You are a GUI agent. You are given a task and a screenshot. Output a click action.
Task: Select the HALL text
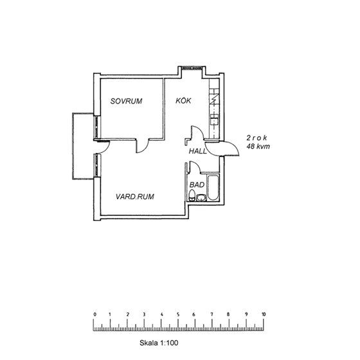[197, 151]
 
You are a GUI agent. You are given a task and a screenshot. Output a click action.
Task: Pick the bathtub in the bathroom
[213, 188]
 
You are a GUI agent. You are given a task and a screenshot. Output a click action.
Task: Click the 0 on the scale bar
[94, 314]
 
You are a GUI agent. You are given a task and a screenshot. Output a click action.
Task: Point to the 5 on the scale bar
[179, 314]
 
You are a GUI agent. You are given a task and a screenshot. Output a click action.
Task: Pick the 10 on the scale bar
[263, 314]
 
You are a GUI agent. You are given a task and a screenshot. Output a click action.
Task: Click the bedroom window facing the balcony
[97, 127]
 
